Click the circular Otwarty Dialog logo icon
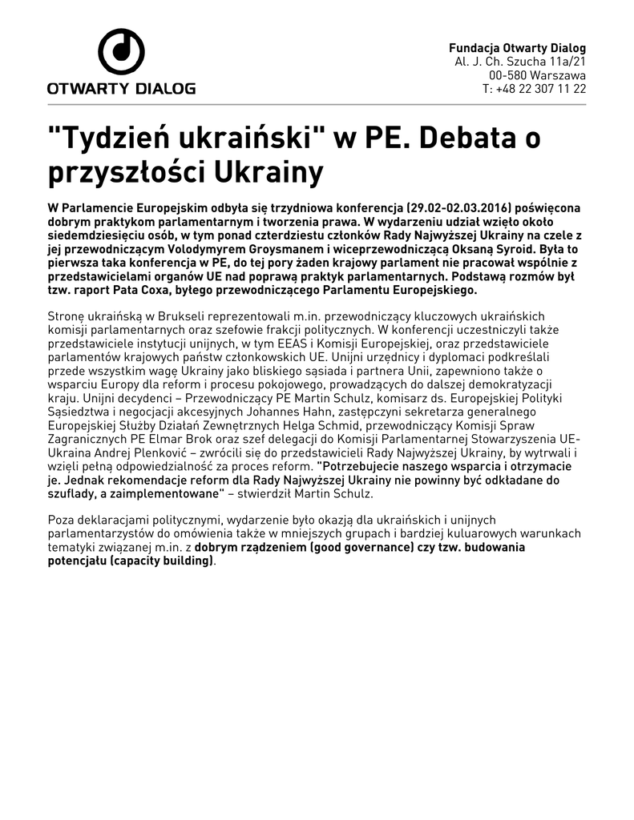121,52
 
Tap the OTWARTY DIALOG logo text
121,88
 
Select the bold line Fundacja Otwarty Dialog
517,48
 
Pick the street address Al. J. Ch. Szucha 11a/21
520,62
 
